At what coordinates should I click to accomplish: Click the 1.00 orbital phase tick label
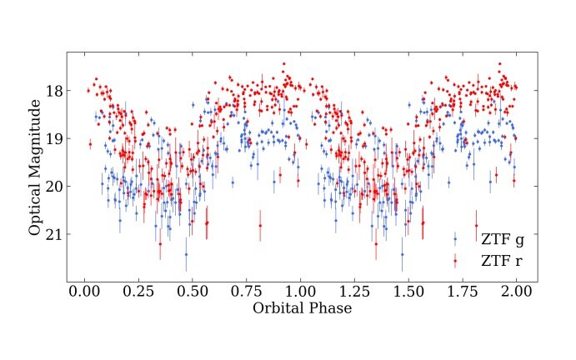[x=300, y=292]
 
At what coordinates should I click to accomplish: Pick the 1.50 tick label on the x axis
[x=408, y=292]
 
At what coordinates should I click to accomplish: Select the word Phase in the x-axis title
[x=329, y=307]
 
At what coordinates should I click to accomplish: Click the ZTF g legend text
[x=502, y=240]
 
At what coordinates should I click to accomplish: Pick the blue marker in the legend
[x=455, y=239]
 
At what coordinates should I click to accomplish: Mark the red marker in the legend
[x=455, y=261]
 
